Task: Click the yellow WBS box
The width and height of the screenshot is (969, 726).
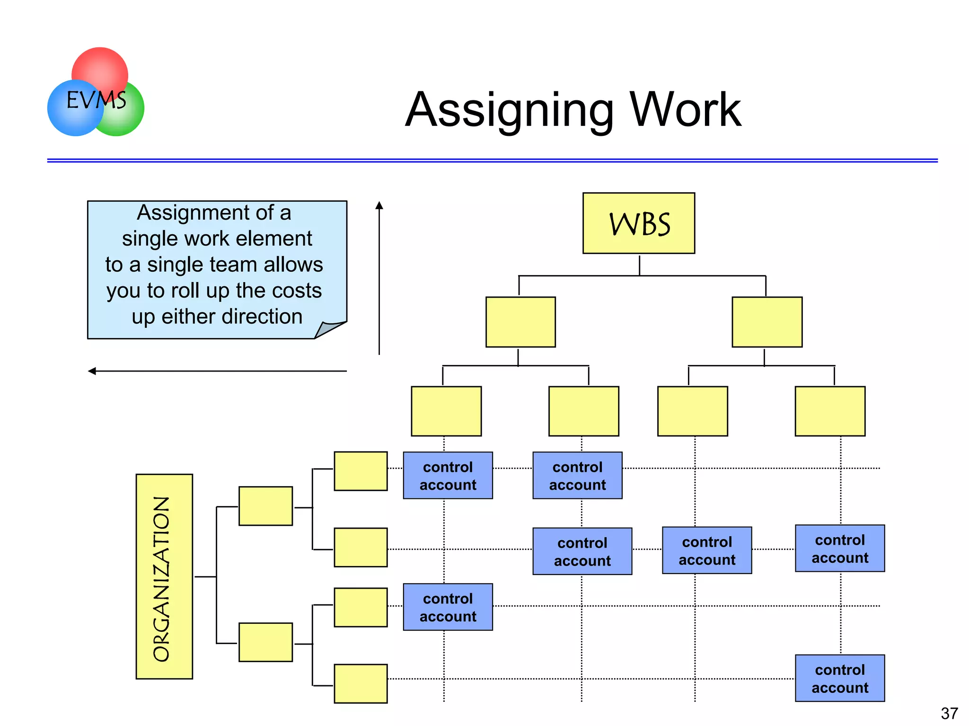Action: click(x=638, y=223)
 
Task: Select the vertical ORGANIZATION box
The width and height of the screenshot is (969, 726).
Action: click(x=164, y=576)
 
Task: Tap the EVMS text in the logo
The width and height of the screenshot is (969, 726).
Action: click(x=97, y=100)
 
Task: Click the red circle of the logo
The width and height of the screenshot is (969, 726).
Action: click(x=100, y=66)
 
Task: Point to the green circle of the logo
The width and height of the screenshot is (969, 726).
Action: click(x=125, y=118)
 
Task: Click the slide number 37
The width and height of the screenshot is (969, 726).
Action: click(x=949, y=713)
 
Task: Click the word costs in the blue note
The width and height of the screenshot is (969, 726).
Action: click(x=298, y=291)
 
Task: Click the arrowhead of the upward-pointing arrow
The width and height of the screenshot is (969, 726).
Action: click(x=379, y=205)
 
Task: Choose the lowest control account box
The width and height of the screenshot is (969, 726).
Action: click(x=839, y=678)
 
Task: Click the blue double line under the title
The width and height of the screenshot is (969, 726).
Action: click(x=492, y=160)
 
